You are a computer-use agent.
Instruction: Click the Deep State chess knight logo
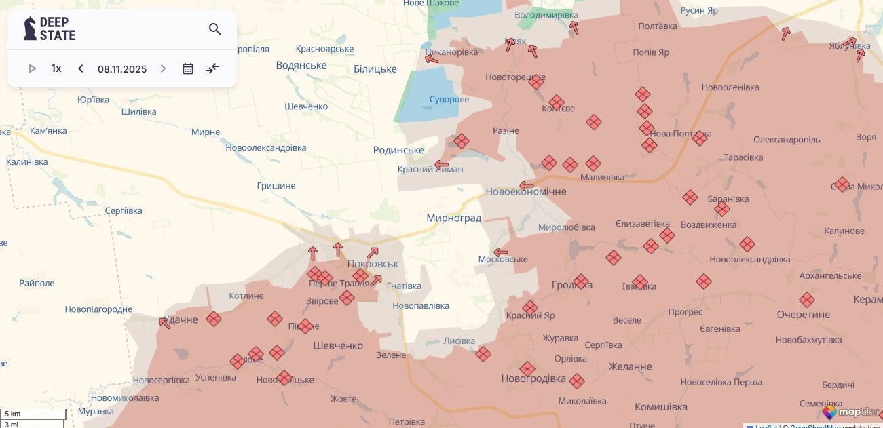pyautogui.click(x=30, y=28)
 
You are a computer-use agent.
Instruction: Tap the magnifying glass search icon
pyautogui.click(x=215, y=29)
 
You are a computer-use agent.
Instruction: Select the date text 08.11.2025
pyautogui.click(x=122, y=69)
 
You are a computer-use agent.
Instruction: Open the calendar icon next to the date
pyautogui.click(x=188, y=69)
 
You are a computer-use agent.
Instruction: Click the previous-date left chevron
pyautogui.click(x=81, y=69)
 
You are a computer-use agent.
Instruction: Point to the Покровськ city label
pyautogui.click(x=373, y=263)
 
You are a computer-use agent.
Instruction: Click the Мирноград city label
pyautogui.click(x=453, y=218)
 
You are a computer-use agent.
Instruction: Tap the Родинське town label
pyautogui.click(x=398, y=150)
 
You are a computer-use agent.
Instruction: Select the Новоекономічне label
pyautogui.click(x=525, y=191)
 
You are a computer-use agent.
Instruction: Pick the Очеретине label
pyautogui.click(x=803, y=315)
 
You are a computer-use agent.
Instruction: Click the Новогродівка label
pyautogui.click(x=533, y=378)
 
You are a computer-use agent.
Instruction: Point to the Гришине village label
pyautogui.click(x=276, y=185)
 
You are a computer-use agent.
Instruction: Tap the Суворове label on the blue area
pyautogui.click(x=449, y=99)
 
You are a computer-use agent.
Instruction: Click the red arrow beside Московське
pyautogui.click(x=501, y=252)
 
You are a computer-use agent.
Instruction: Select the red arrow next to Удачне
pyautogui.click(x=165, y=323)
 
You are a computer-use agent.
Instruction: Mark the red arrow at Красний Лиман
pyautogui.click(x=442, y=165)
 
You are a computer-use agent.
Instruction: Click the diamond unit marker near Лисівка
pyautogui.click(x=483, y=354)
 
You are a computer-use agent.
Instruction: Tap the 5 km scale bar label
pyautogui.click(x=12, y=414)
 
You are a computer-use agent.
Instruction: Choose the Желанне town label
pyautogui.click(x=630, y=366)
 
